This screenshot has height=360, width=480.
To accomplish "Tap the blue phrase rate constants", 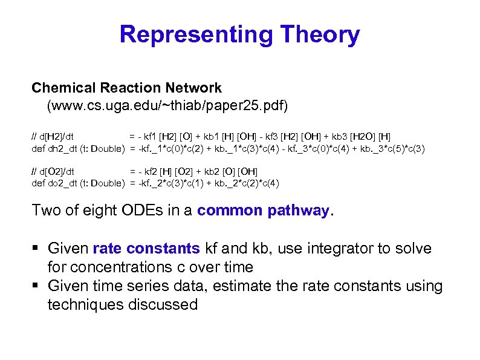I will [x=146, y=249].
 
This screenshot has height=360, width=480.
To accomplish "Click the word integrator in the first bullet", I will [x=341, y=249].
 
